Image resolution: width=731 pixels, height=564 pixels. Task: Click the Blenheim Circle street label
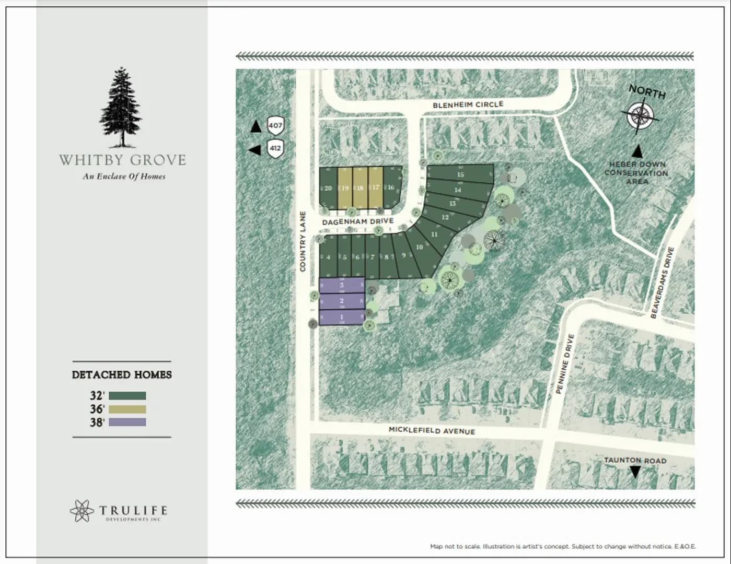pyautogui.click(x=468, y=105)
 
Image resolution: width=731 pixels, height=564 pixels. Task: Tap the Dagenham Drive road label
pyautogui.click(x=357, y=222)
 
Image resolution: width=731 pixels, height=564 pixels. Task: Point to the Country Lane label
pyautogui.click(x=302, y=241)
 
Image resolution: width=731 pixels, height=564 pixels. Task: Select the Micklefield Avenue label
pyautogui.click(x=432, y=430)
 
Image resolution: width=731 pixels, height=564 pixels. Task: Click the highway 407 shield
pyautogui.click(x=275, y=125)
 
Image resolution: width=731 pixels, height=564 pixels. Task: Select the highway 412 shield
pyautogui.click(x=275, y=148)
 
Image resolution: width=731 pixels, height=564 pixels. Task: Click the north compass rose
pyautogui.click(x=640, y=115)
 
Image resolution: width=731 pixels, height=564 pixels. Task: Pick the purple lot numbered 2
pyautogui.click(x=341, y=301)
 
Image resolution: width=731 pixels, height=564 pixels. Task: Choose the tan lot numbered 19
pyautogui.click(x=344, y=188)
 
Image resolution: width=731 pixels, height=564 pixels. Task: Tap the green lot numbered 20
pyautogui.click(x=328, y=188)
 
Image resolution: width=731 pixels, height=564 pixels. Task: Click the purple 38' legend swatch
pyautogui.click(x=127, y=422)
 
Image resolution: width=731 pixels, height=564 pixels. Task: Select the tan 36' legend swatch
pyautogui.click(x=127, y=409)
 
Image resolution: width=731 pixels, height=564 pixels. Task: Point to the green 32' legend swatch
pyautogui.click(x=127, y=396)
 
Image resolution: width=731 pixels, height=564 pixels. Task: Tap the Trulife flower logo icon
pyautogui.click(x=82, y=511)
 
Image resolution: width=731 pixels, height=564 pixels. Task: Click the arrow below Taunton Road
pyautogui.click(x=635, y=472)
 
